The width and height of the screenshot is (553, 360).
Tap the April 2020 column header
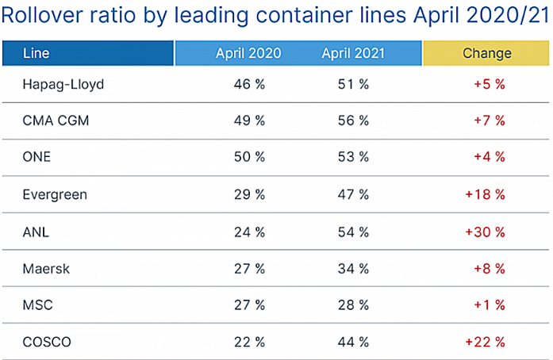pyautogui.click(x=248, y=53)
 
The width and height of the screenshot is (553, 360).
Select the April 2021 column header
pyautogui.click(x=353, y=53)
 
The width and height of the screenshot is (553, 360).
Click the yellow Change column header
pyautogui.click(x=486, y=53)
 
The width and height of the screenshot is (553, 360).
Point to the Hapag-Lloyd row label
pyautogui.click(x=63, y=83)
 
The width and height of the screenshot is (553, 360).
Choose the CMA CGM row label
pyautogui.click(x=56, y=121)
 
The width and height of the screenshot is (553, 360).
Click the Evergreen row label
pyautogui.click(x=56, y=193)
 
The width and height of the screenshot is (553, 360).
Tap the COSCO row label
pyautogui.click(x=48, y=341)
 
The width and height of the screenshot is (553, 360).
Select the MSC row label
pyautogui.click(x=38, y=304)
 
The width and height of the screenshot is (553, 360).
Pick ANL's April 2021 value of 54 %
pyautogui.click(x=353, y=231)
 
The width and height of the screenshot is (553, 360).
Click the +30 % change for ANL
pyautogui.click(x=485, y=231)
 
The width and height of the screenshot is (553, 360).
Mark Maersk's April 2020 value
pyautogui.click(x=248, y=268)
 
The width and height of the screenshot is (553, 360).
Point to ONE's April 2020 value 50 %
pyautogui.click(x=248, y=157)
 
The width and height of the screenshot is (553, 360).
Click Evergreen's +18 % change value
pyautogui.click(x=485, y=193)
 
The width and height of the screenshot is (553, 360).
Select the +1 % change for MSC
pyautogui.click(x=489, y=304)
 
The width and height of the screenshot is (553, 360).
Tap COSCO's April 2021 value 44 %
pyautogui.click(x=353, y=341)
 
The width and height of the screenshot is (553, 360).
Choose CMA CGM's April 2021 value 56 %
pyautogui.click(x=353, y=121)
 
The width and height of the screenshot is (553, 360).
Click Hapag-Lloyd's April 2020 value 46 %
pyautogui.click(x=248, y=83)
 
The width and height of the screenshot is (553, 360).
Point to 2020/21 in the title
pyautogui.click(x=507, y=16)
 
